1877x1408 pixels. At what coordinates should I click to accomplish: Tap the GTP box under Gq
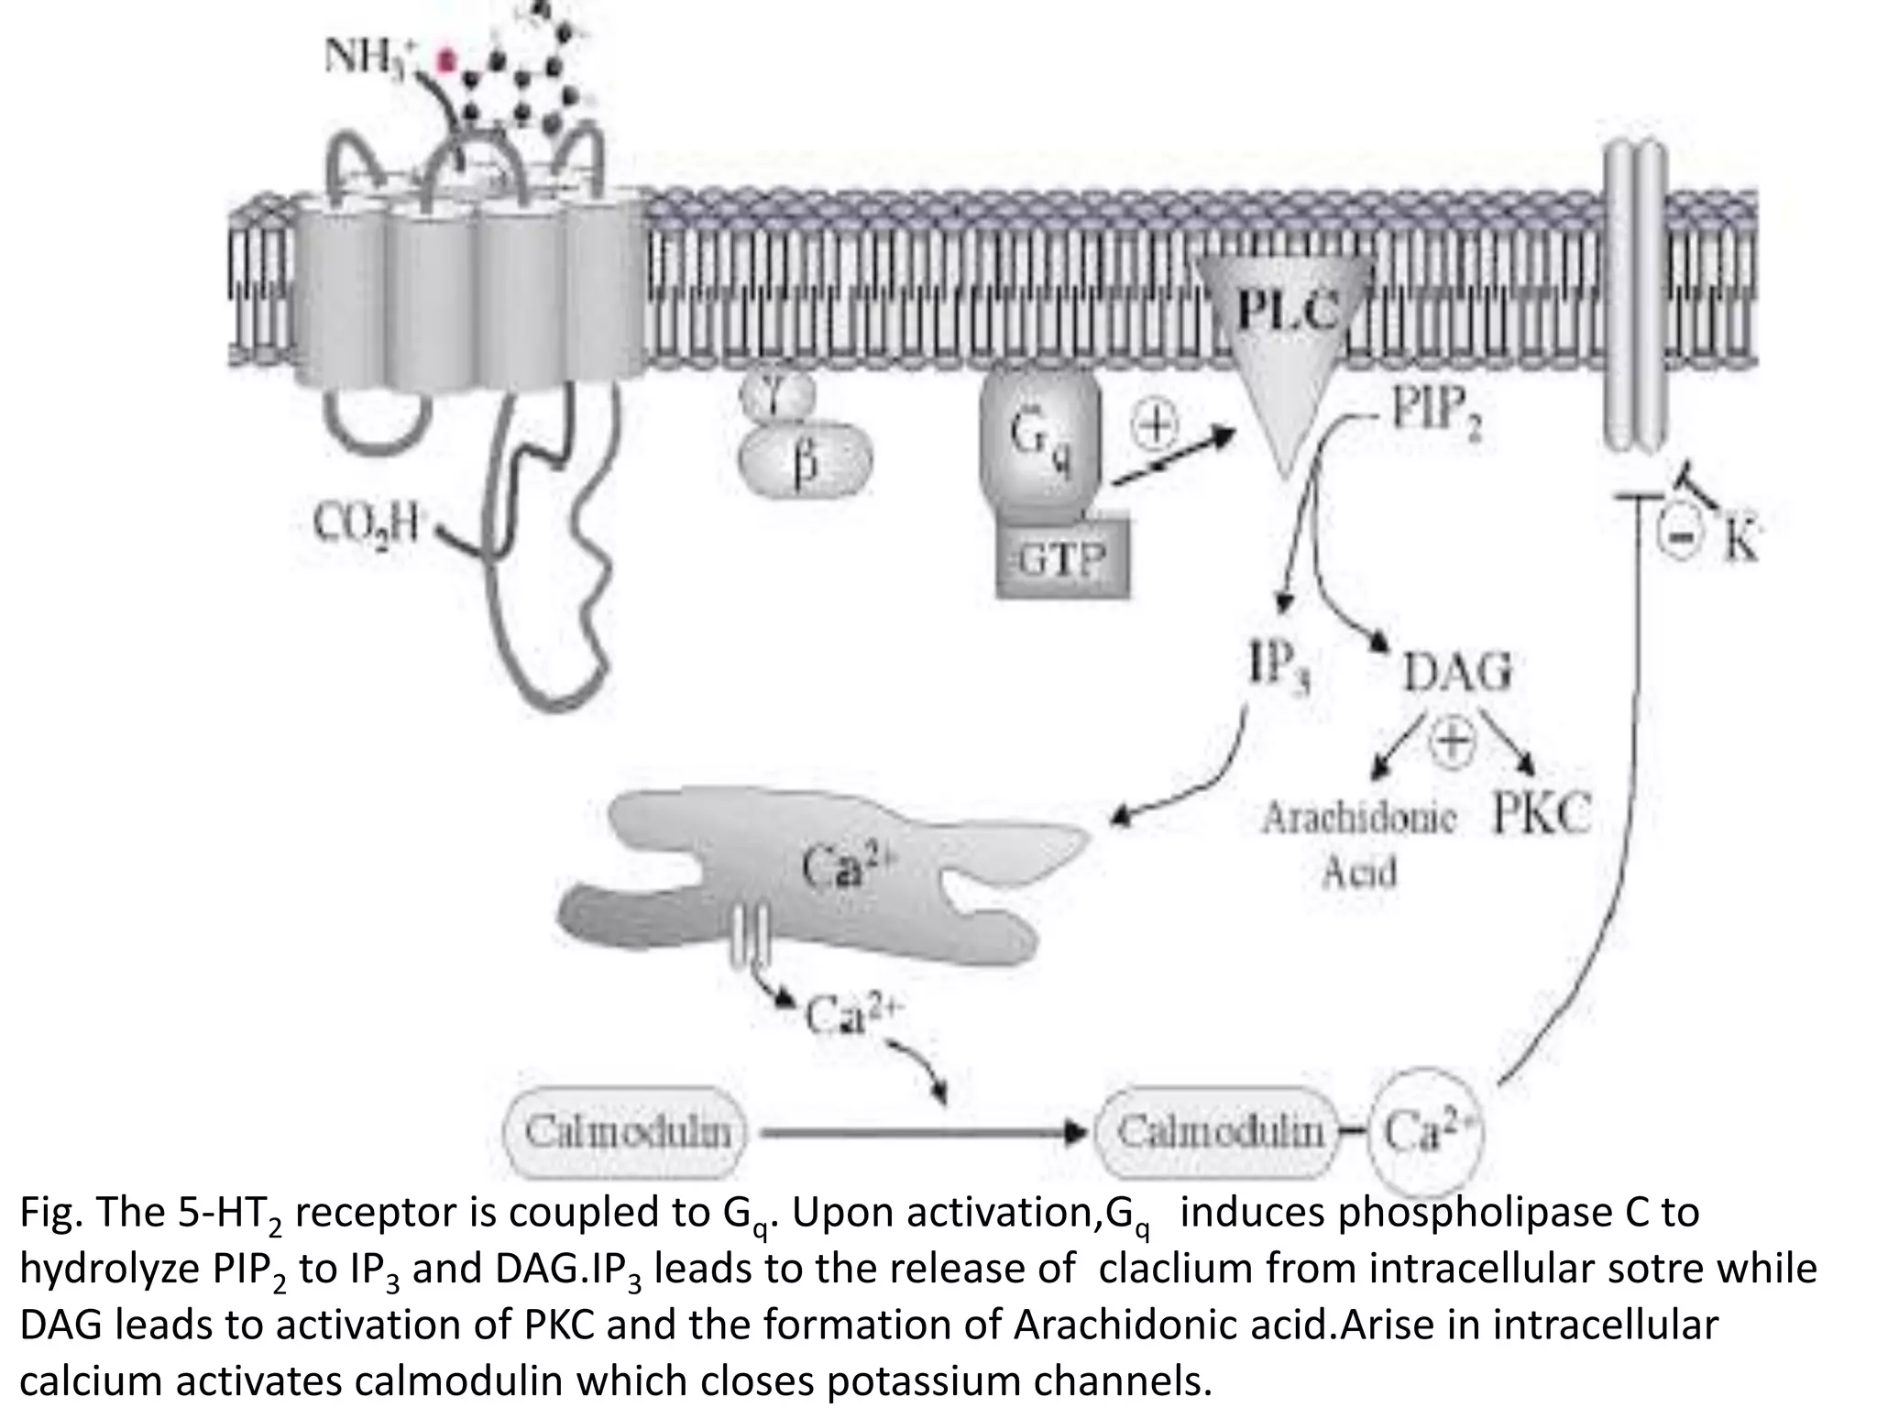(x=1063, y=558)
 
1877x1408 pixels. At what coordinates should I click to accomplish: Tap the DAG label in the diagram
(x=1457, y=674)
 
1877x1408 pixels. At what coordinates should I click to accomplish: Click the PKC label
(x=1541, y=813)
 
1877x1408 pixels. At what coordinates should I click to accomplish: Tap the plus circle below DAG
(x=1454, y=740)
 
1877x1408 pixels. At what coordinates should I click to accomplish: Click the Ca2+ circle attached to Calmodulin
(x=1426, y=1133)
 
